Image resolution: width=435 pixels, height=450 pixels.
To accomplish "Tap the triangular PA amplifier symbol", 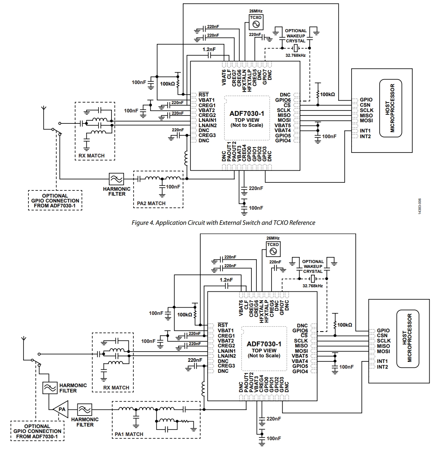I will click(x=60, y=409).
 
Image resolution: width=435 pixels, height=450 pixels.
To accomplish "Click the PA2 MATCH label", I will click(x=151, y=203).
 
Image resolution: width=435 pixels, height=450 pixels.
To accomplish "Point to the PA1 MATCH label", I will click(x=129, y=434).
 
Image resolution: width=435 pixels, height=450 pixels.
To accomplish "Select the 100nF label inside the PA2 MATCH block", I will click(x=173, y=187).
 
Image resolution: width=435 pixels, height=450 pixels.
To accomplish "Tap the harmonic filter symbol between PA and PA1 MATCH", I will click(x=85, y=409).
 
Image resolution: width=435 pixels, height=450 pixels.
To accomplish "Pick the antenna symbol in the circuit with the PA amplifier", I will click(x=24, y=339).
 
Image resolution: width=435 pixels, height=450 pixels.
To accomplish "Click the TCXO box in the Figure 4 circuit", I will click(x=256, y=22).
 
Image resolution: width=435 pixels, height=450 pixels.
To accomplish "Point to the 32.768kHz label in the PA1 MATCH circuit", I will click(x=313, y=286).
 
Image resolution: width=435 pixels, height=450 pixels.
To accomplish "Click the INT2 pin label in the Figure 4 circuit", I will click(x=365, y=136).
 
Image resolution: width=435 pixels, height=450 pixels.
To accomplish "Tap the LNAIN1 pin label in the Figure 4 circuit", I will click(x=207, y=120).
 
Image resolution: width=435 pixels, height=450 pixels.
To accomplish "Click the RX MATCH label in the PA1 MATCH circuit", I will click(x=116, y=388).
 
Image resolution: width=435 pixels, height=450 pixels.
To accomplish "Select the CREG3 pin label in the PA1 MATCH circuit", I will click(x=226, y=366).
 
